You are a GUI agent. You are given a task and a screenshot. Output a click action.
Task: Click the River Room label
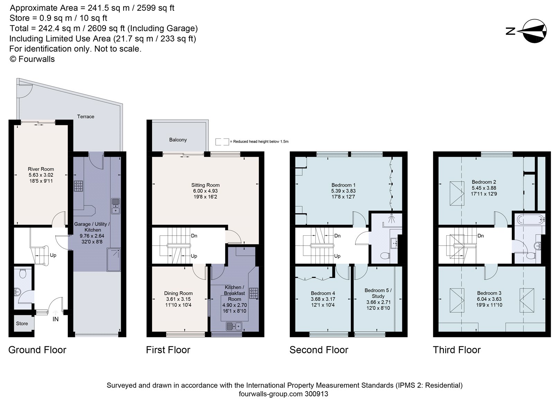[41, 169]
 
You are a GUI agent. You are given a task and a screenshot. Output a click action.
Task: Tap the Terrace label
[86, 117]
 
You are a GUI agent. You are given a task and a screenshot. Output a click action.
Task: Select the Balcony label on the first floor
[178, 140]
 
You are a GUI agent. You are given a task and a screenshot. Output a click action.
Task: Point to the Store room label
[22, 324]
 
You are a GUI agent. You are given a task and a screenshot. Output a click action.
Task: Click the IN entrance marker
[55, 319]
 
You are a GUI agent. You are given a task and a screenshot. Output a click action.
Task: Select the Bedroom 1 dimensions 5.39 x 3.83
[343, 191]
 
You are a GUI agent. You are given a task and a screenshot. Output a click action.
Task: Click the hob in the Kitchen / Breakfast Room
[254, 293]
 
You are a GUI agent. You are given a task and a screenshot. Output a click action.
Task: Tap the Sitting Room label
[205, 185]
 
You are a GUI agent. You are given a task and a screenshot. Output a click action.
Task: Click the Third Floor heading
[456, 350]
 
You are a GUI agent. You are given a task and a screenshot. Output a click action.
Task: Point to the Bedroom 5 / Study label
[378, 293]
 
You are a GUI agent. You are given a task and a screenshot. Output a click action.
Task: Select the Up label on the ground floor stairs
[53, 255]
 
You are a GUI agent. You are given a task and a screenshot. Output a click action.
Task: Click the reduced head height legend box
[222, 142]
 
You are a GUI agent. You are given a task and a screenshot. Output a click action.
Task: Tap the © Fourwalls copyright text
[32, 59]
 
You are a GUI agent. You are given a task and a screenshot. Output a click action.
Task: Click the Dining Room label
[178, 293]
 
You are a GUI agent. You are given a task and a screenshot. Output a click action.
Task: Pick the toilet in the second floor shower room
[385, 256]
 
